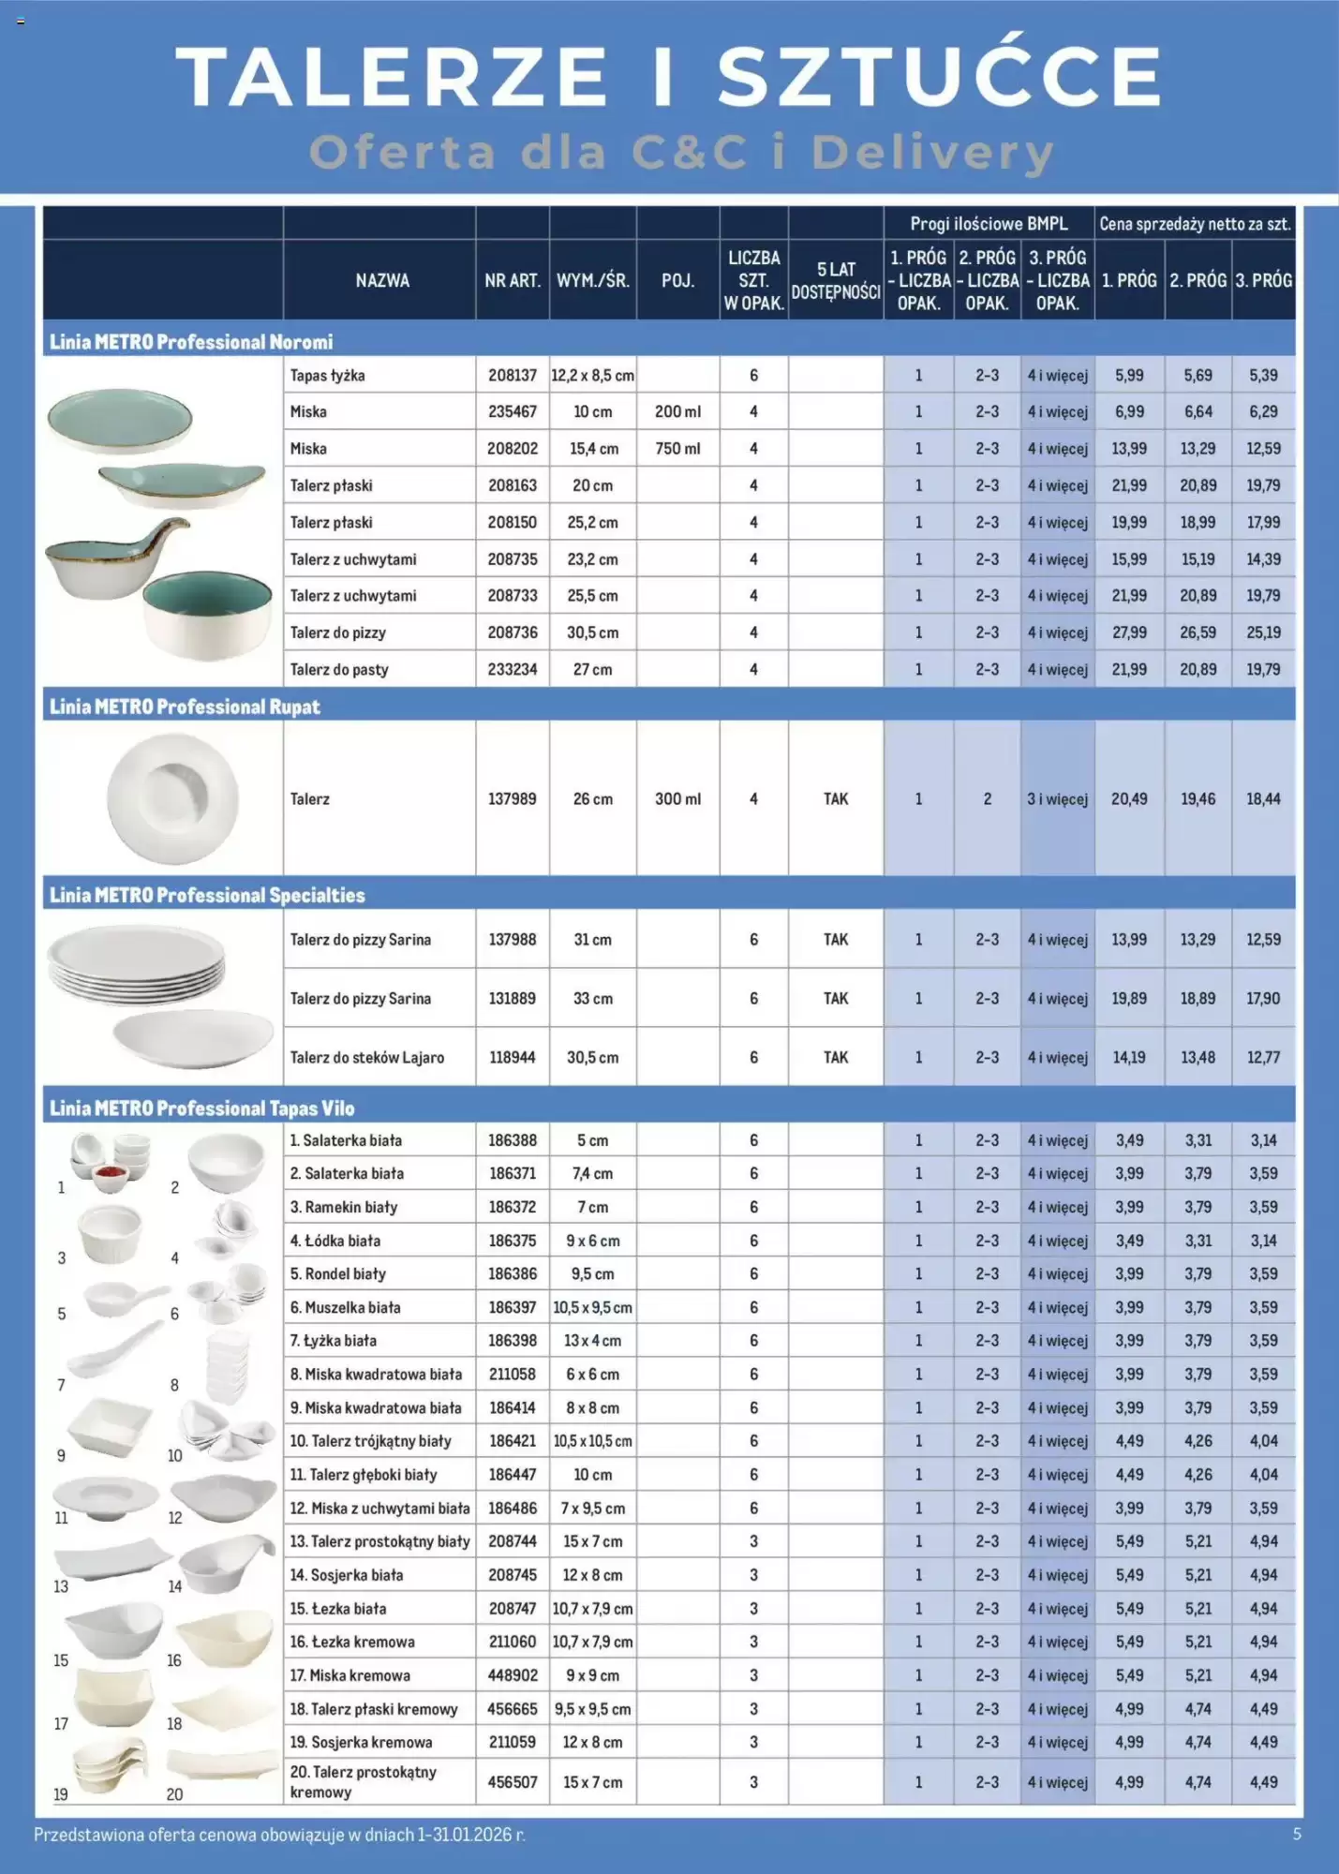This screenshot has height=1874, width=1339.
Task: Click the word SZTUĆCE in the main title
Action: click(x=940, y=77)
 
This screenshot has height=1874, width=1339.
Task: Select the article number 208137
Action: click(x=512, y=375)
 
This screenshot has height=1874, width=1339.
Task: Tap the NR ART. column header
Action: click(x=512, y=280)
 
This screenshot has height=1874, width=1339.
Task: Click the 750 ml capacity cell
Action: click(x=677, y=449)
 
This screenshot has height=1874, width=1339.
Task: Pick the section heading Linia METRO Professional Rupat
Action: click(x=185, y=706)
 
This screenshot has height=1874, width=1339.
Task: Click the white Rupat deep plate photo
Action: click(x=172, y=798)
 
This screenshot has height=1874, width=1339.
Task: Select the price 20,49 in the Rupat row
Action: click(x=1129, y=799)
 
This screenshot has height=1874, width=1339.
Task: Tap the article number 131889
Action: click(x=512, y=999)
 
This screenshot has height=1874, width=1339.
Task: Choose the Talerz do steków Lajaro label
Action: click(x=367, y=1058)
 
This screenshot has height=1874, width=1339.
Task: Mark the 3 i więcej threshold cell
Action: click(x=1057, y=799)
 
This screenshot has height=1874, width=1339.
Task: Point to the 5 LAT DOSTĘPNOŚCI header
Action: click(x=835, y=280)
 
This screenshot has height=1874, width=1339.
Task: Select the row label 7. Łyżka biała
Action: click(x=334, y=1341)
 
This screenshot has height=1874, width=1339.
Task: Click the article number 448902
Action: click(x=512, y=1675)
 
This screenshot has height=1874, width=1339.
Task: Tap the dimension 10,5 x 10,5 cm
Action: click(x=592, y=1441)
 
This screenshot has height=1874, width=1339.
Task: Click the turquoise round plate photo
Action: click(x=119, y=419)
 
